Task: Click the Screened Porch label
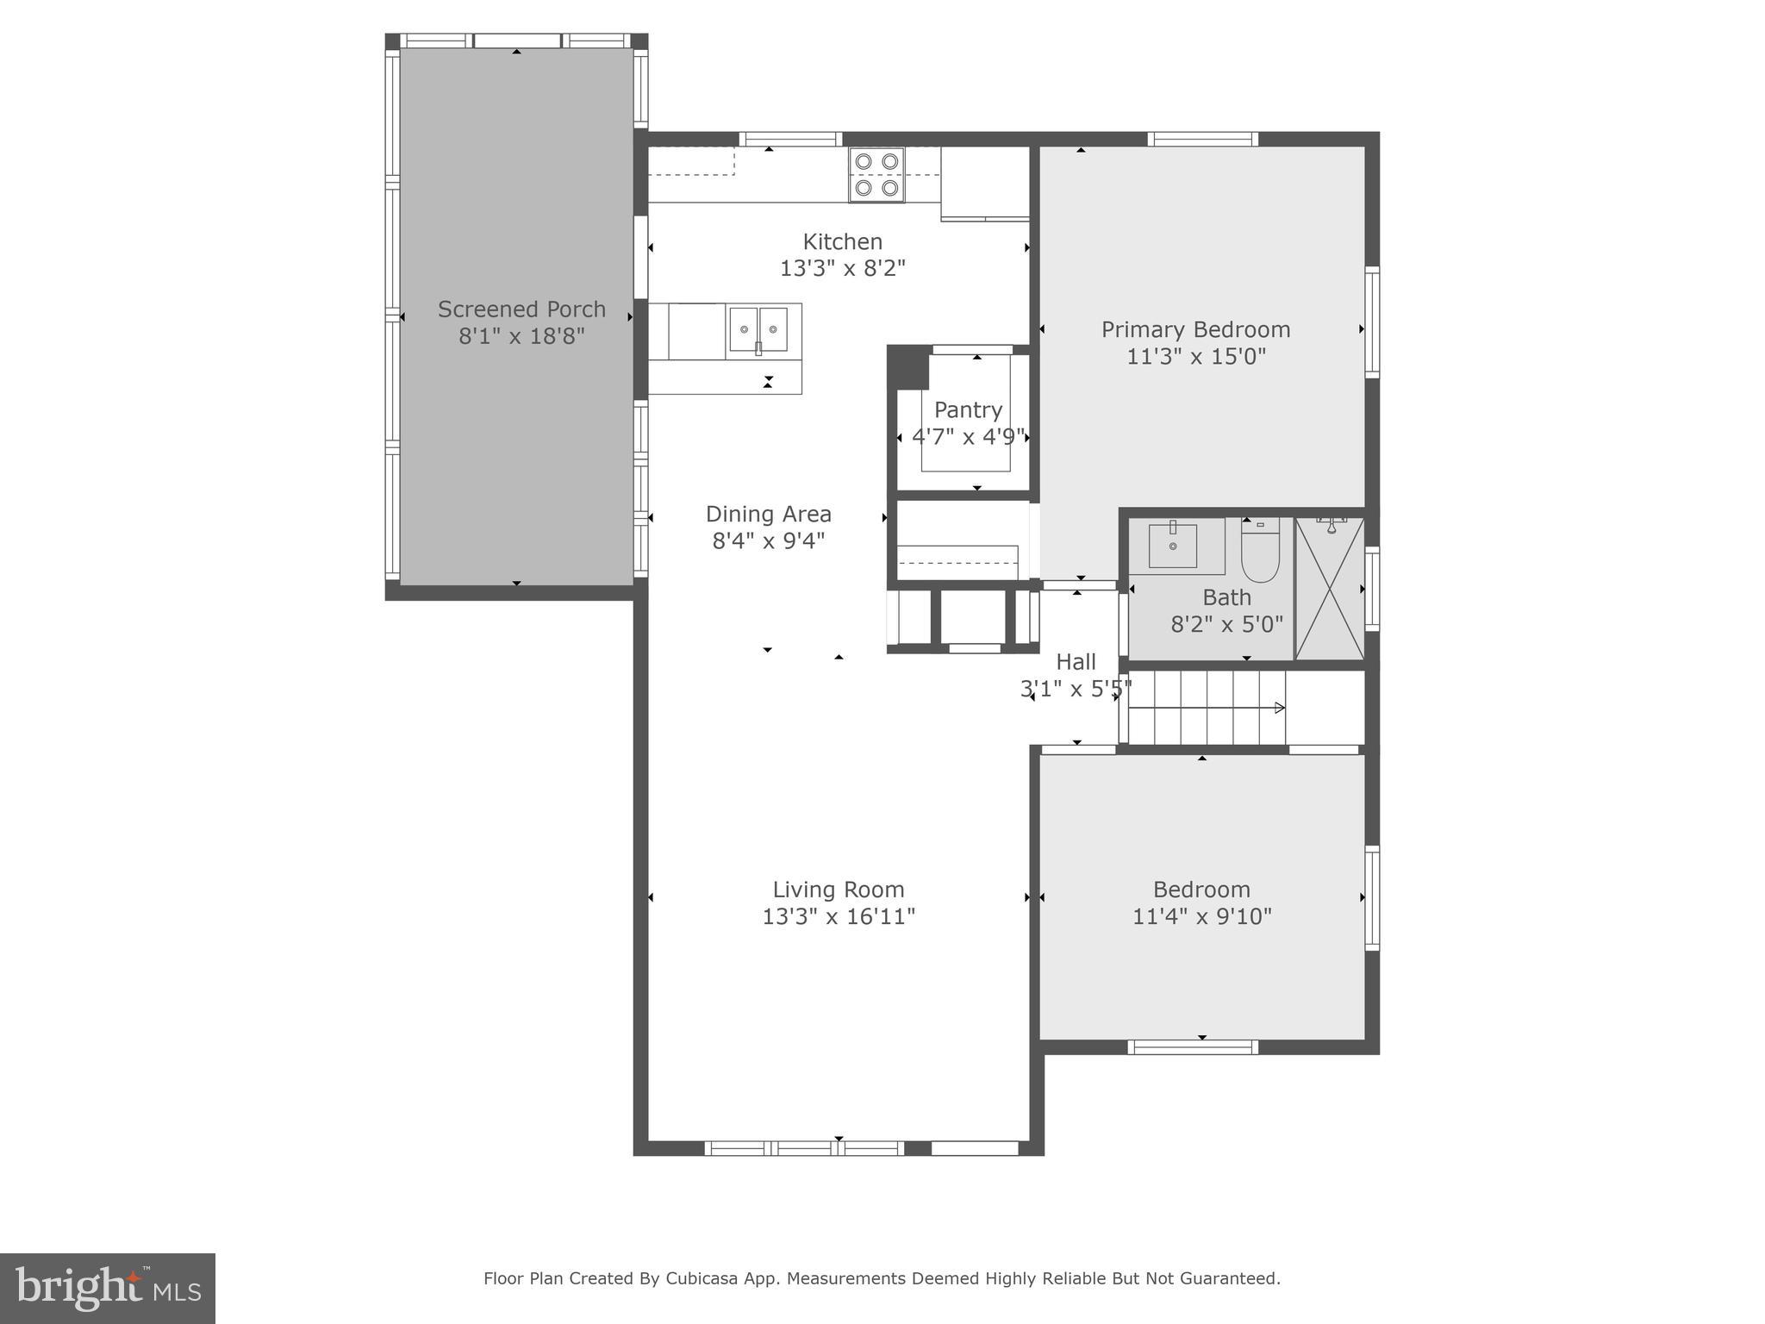coord(521,309)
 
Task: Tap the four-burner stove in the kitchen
coord(876,175)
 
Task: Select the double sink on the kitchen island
coord(758,330)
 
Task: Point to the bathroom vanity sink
coord(1173,546)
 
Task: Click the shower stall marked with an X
coord(1330,589)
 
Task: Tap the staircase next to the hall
coord(1207,708)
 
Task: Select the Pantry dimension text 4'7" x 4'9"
coord(968,437)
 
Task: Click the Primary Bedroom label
coord(1195,330)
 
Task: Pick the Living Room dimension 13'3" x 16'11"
coord(838,916)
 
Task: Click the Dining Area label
coord(768,515)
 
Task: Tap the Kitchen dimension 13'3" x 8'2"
coord(842,269)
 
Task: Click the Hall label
coord(1076,662)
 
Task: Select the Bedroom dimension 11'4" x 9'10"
coord(1201,916)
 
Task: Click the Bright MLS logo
coord(108,1288)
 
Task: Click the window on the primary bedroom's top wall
coord(1202,140)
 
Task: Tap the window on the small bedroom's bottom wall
coord(1193,1047)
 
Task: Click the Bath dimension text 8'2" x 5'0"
coord(1226,624)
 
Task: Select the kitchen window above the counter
coord(789,140)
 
